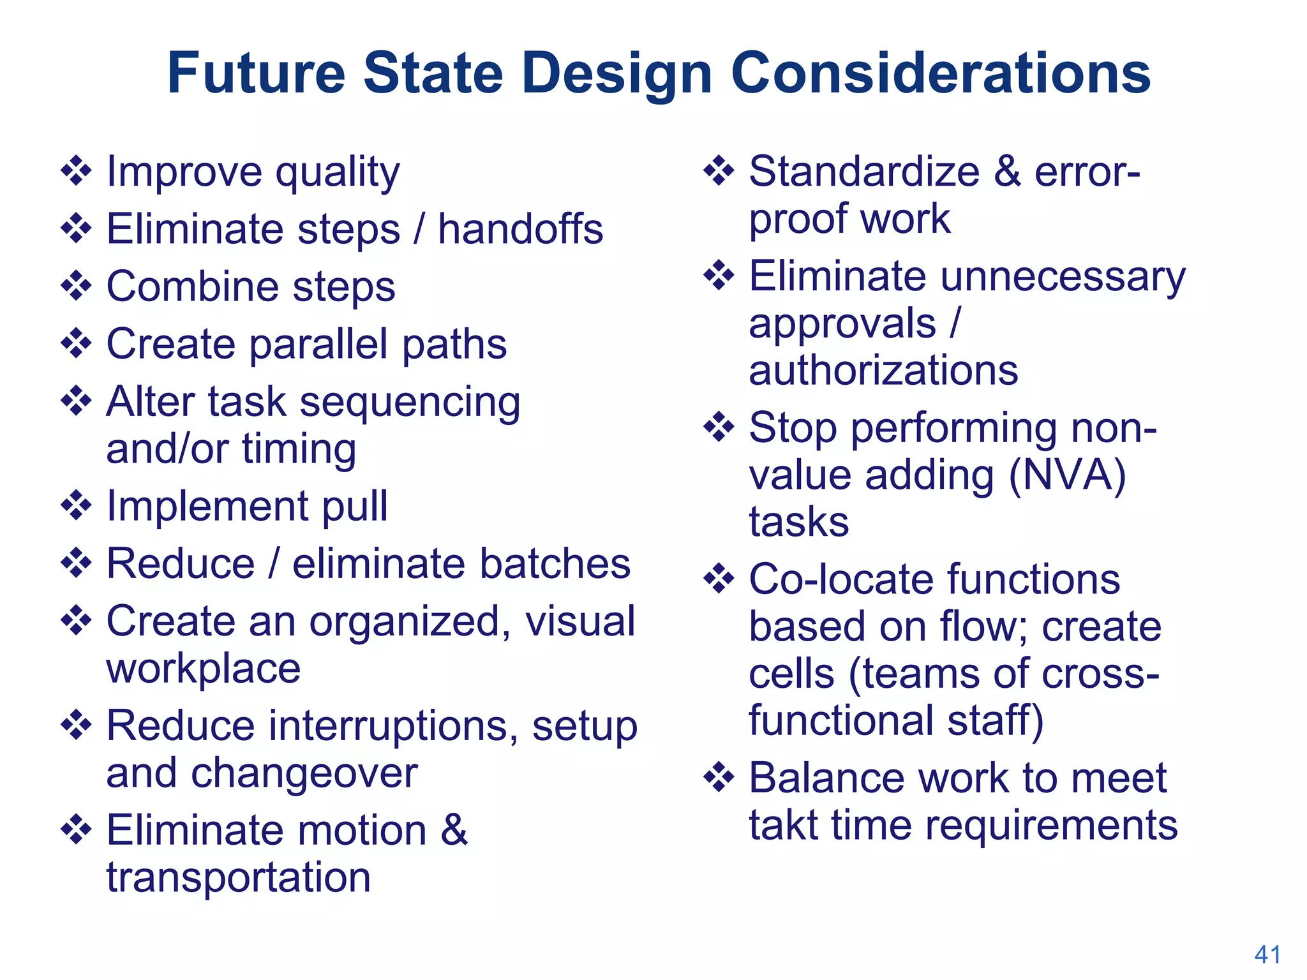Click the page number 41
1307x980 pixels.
(1267, 954)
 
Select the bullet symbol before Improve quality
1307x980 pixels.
(76, 171)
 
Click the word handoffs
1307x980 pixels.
(520, 229)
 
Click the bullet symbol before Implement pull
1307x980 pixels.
(76, 505)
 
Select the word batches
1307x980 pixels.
(555, 564)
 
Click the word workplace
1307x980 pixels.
(203, 669)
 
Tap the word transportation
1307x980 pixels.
(238, 877)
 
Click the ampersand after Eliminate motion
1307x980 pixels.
(454, 830)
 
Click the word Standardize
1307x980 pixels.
(864, 172)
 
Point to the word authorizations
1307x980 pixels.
(883, 370)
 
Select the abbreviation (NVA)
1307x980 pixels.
(1067, 475)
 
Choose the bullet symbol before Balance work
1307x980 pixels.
(719, 777)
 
